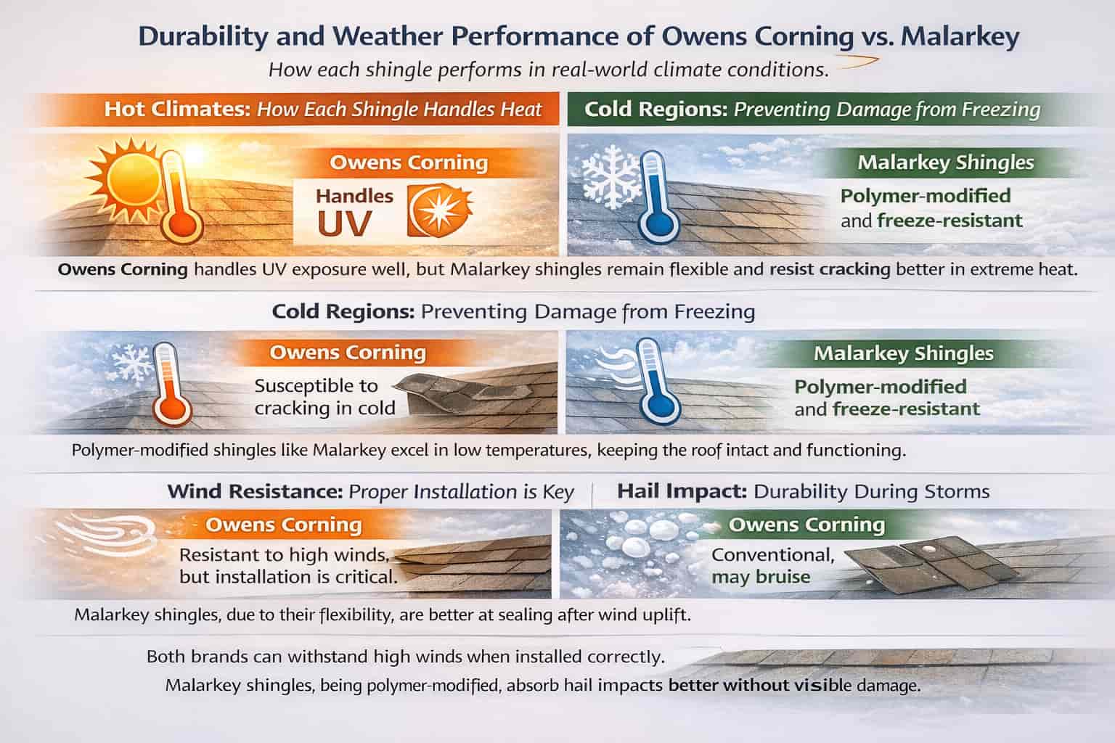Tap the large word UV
345,223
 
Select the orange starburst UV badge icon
440,210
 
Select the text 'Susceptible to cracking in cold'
324,396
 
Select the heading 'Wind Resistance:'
255,491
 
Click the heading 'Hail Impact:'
682,491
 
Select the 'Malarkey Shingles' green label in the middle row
903,353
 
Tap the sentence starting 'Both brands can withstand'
405,657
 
